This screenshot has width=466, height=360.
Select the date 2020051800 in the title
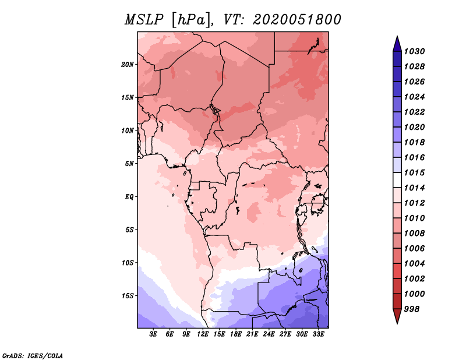[x=297, y=19]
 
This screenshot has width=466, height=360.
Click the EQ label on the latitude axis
[x=130, y=196]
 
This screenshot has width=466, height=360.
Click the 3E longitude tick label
[x=154, y=334]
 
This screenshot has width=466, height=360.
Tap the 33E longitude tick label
[x=318, y=334]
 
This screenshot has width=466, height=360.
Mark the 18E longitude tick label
[x=236, y=334]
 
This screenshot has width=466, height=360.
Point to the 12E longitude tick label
[x=203, y=334]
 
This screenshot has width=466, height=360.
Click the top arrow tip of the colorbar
[x=397, y=37]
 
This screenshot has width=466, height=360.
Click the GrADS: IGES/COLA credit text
[x=33, y=355]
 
